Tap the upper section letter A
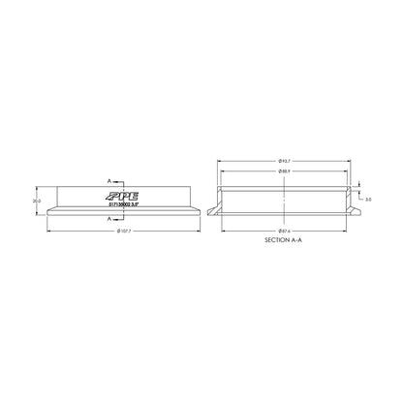pos(109,181)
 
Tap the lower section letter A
pos(109,219)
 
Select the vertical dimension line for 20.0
pos(42,201)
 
